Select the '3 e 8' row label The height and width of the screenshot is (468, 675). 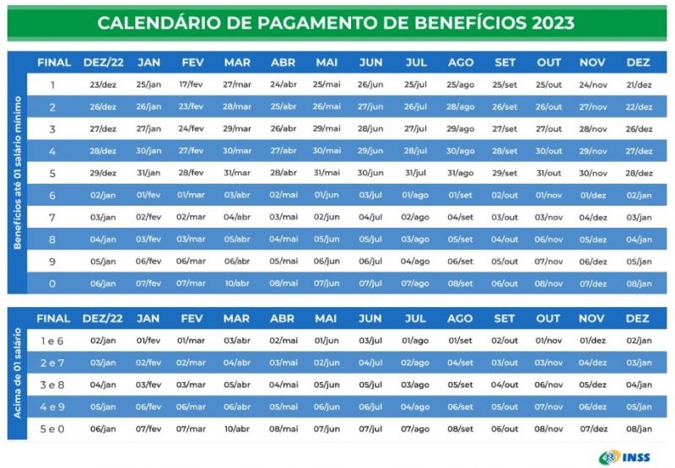tap(52, 385)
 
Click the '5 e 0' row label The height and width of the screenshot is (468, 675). tap(52, 428)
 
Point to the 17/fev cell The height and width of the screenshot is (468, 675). tap(192, 85)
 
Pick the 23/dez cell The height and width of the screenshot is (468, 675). tap(103, 85)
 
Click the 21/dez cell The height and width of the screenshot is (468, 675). tap(639, 85)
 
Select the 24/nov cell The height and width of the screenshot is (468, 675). tap(593, 85)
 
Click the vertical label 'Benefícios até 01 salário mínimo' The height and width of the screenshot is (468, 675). tap(17, 172)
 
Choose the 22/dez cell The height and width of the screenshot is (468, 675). tap(639, 107)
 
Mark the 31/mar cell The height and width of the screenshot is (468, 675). tap(237, 173)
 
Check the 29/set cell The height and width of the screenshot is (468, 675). tap(505, 173)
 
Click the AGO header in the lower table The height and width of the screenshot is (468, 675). tap(461, 319)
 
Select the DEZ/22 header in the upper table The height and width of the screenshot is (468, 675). tap(103, 62)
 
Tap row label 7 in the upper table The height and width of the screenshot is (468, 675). tap(52, 217)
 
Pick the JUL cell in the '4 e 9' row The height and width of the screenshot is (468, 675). tap(415, 406)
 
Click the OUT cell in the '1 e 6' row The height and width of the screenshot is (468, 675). tap(548, 341)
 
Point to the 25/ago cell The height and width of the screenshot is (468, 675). tap(461, 85)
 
